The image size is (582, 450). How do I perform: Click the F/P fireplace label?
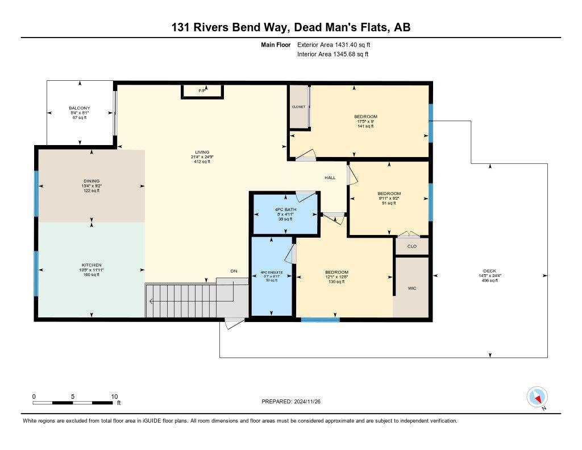pyautogui.click(x=202, y=90)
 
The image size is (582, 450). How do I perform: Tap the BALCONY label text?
pyautogui.click(x=80, y=108)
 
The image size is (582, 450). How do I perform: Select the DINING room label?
pyautogui.click(x=91, y=181)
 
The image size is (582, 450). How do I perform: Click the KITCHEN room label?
pyautogui.click(x=92, y=265)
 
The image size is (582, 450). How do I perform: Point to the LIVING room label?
pyautogui.click(x=202, y=152)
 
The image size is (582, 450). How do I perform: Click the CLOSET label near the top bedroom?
pyautogui.click(x=298, y=107)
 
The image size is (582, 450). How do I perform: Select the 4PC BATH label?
pyautogui.click(x=284, y=209)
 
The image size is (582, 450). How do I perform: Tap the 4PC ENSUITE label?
pyautogui.click(x=271, y=273)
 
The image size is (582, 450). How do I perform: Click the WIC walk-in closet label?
pyautogui.click(x=412, y=288)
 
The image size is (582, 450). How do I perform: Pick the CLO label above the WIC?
pyautogui.click(x=412, y=246)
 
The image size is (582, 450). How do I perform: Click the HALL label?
pyautogui.click(x=330, y=177)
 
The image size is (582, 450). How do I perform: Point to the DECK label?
pyautogui.click(x=489, y=271)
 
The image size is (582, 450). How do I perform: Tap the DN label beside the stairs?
pyautogui.click(x=234, y=271)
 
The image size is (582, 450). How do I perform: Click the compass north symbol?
pyautogui.click(x=537, y=397)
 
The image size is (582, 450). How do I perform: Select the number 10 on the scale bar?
pyautogui.click(x=114, y=396)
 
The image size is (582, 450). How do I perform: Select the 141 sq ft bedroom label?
pyautogui.click(x=365, y=126)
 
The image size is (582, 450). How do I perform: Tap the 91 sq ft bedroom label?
pyautogui.click(x=389, y=203)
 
